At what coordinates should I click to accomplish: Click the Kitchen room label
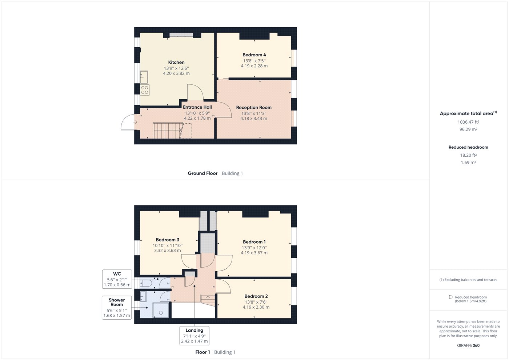176,63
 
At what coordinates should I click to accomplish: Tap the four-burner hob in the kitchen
145,90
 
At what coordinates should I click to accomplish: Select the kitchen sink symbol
144,77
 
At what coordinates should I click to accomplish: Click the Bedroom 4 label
254,55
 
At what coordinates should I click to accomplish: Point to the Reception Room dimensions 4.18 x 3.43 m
254,119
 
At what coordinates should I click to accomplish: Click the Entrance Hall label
197,107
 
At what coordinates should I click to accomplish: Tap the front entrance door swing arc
127,122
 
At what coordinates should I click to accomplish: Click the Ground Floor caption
203,173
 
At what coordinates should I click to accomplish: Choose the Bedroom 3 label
167,240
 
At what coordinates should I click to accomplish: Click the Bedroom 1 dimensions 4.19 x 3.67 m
254,253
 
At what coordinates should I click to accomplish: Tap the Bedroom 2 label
256,296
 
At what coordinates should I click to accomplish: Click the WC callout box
117,279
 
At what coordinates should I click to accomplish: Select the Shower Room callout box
117,308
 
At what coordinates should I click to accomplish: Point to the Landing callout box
194,336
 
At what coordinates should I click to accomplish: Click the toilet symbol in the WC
147,283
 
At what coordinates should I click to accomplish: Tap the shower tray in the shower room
161,310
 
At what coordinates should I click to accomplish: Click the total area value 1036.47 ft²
468,122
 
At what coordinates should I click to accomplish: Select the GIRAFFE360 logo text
468,345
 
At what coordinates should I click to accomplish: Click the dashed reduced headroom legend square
451,297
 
